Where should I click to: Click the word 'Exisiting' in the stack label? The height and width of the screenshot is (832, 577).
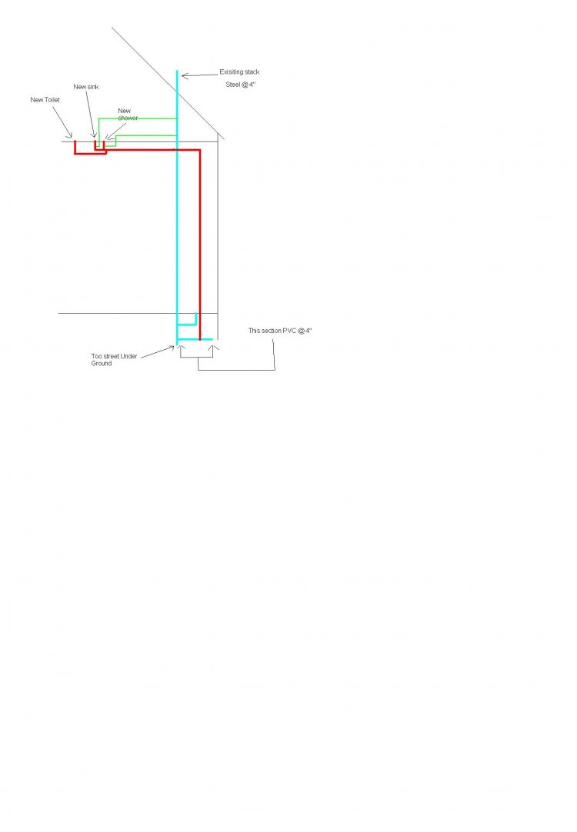[x=232, y=72]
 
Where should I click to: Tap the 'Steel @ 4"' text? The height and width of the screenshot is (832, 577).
[x=241, y=85]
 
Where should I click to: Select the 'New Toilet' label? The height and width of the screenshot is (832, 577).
[x=45, y=100]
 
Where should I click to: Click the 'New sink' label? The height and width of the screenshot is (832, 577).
[x=86, y=87]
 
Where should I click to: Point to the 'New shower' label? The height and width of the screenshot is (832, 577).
[x=128, y=114]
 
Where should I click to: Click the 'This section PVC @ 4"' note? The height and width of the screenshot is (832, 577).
[x=280, y=331]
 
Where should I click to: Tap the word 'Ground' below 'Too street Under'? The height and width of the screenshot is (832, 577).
[x=102, y=364]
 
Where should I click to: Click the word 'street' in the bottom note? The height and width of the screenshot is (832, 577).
[x=112, y=357]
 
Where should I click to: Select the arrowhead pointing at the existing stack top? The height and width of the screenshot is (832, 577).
[x=185, y=76]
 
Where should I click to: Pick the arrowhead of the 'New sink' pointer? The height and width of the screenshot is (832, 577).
[x=95, y=136]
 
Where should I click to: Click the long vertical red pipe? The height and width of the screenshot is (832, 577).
[x=199, y=245]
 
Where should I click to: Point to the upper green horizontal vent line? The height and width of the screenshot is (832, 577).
[x=138, y=118]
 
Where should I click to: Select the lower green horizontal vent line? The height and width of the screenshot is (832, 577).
[x=146, y=136]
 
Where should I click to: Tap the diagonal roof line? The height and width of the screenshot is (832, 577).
[x=168, y=83]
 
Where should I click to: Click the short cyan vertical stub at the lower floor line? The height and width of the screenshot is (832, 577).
[x=196, y=319]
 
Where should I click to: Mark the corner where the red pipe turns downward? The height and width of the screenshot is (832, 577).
[x=199, y=151]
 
